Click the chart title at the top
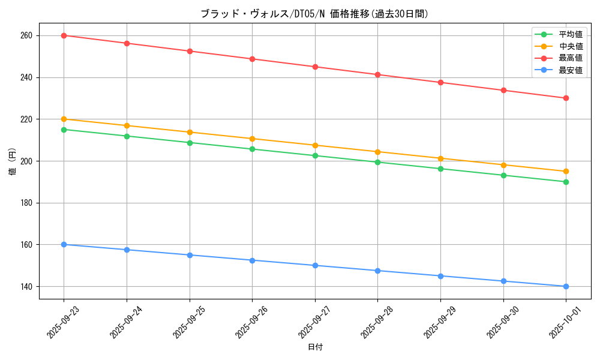point(314,14)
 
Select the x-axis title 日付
point(315,347)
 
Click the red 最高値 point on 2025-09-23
point(64,35)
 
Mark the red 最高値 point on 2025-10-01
point(566,98)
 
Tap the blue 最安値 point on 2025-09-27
point(315,265)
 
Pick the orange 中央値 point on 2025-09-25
point(190,132)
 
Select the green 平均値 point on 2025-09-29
point(440,169)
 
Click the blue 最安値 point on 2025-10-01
point(566,286)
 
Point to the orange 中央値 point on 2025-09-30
point(503,165)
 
